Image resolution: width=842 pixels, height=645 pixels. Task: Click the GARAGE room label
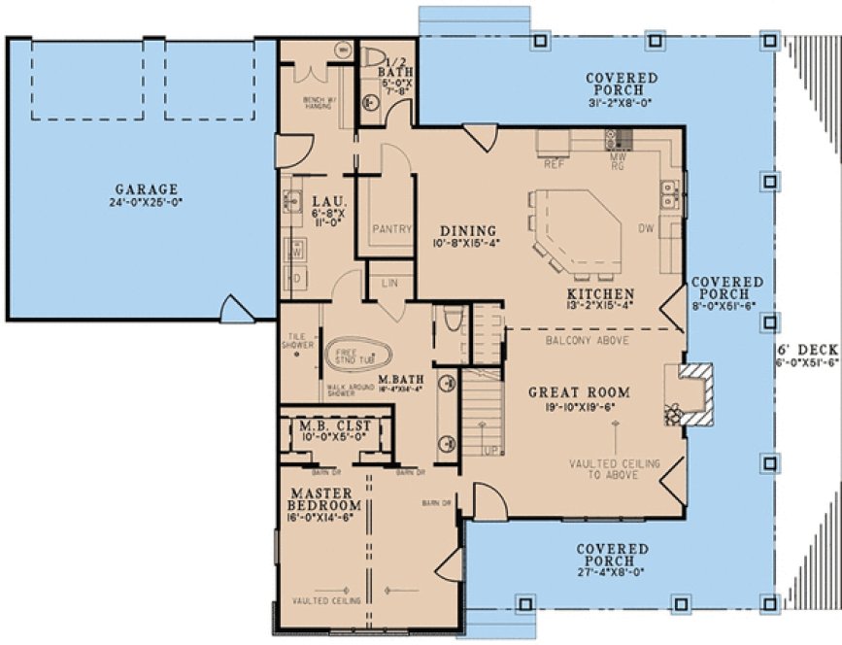click(x=147, y=189)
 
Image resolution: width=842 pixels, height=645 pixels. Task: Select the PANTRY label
click(x=392, y=229)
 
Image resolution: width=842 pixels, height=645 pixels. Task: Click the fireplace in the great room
click(x=692, y=392)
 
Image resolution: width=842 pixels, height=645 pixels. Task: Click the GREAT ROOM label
click(x=579, y=393)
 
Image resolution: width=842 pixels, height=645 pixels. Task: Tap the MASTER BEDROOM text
click(x=325, y=499)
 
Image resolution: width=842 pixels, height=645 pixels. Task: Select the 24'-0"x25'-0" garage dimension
click(x=147, y=203)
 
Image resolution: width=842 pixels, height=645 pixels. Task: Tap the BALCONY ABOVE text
click(x=587, y=341)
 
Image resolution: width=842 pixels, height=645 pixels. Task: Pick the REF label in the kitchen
click(x=555, y=164)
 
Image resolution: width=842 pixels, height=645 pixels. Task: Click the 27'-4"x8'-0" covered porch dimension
click(x=612, y=573)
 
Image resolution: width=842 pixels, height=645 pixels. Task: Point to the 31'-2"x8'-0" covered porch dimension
click(x=622, y=104)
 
